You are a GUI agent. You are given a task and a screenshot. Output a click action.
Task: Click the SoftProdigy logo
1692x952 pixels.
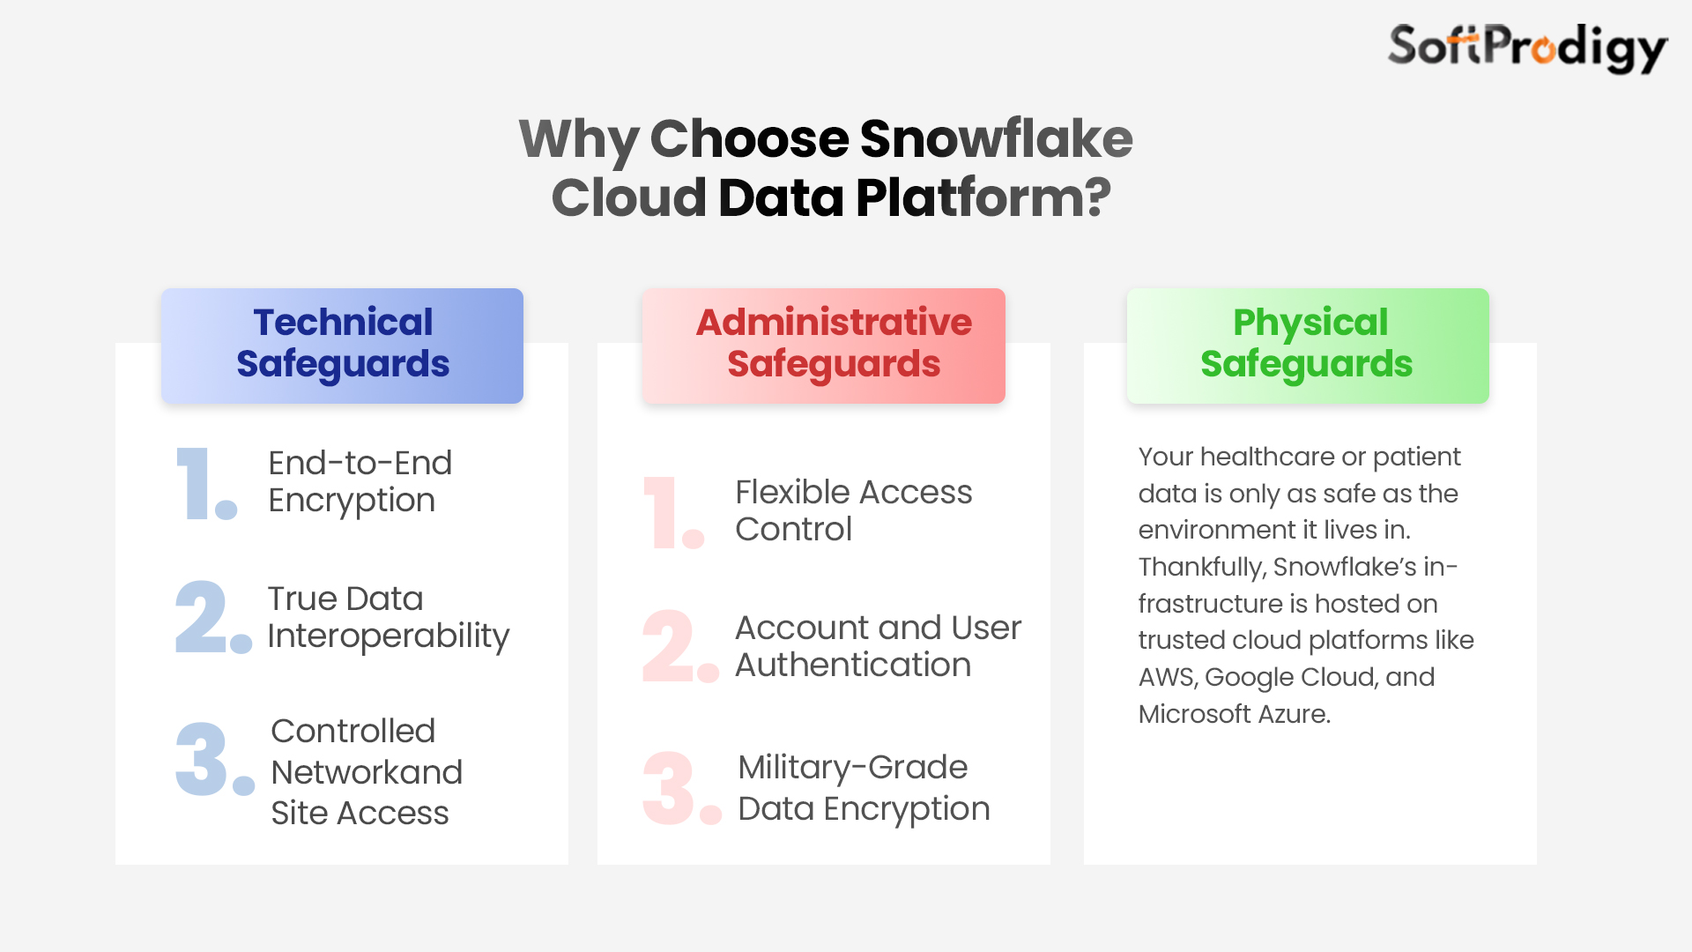click(x=1527, y=48)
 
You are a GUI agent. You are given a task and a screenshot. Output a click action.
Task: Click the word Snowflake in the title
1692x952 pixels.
click(x=996, y=138)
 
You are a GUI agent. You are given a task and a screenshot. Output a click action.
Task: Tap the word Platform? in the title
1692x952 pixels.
click(x=983, y=197)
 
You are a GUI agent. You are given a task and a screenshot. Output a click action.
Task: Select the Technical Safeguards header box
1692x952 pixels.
click(x=342, y=346)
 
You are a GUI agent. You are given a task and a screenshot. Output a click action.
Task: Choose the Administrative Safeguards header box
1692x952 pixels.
click(x=824, y=346)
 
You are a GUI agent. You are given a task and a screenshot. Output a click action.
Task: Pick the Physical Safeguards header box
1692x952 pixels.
click(x=1308, y=346)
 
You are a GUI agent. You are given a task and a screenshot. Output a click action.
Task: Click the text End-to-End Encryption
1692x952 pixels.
click(x=360, y=482)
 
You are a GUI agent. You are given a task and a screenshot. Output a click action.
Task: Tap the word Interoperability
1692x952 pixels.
click(x=389, y=636)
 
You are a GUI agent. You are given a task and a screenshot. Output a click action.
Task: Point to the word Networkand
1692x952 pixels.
click(x=367, y=772)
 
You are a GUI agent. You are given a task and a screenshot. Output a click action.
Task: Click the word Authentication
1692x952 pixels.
click(x=853, y=665)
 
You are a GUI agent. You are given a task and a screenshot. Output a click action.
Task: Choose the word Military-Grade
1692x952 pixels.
click(x=853, y=768)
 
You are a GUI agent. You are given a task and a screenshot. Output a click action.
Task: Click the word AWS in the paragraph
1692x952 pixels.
click(x=1168, y=677)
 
